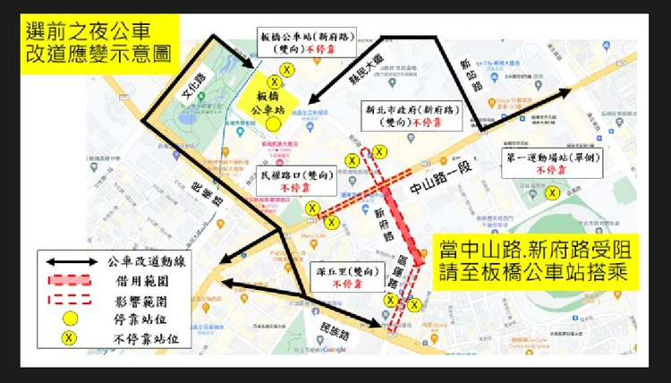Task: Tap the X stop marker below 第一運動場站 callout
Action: (x=553, y=191)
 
